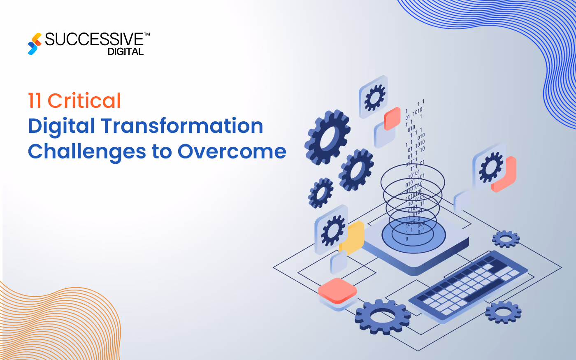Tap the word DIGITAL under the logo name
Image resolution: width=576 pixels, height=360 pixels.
pos(125,52)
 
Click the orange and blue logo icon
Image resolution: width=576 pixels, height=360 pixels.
pos(35,44)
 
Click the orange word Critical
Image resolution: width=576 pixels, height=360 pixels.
pos(84,101)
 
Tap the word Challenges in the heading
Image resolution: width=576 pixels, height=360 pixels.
pos(87,151)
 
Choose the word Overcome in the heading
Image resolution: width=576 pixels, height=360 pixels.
pos(232,151)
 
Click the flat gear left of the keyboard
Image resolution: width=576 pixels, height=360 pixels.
pos(382,316)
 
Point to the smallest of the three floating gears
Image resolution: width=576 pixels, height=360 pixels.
pos(321,193)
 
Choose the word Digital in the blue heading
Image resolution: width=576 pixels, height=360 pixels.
pos(61,127)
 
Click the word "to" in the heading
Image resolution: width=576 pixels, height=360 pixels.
pos(162,151)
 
